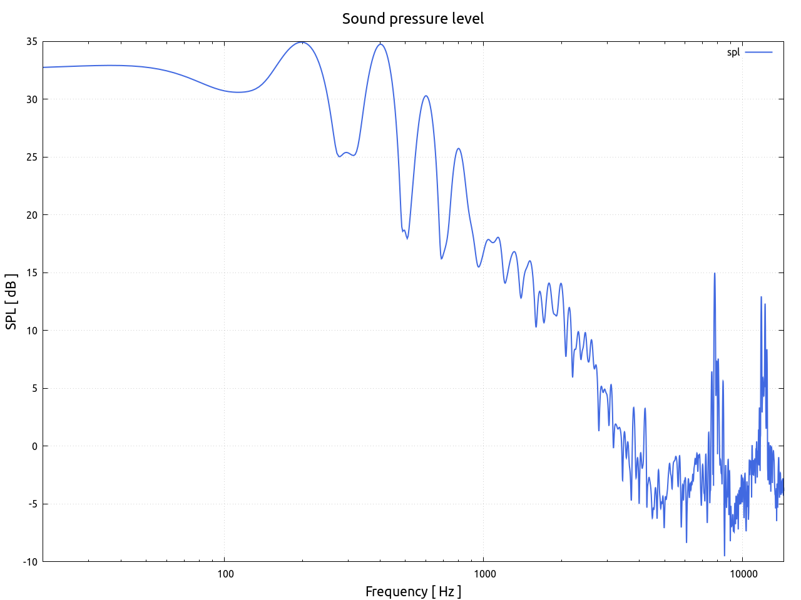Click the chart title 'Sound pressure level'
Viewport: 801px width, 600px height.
click(413, 19)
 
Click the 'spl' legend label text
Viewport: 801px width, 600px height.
click(733, 52)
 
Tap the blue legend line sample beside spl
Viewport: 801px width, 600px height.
click(758, 52)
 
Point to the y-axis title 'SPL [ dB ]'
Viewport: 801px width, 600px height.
click(11, 301)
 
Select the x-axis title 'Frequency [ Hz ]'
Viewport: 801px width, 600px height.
click(413, 591)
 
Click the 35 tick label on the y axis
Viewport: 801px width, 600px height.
click(31, 42)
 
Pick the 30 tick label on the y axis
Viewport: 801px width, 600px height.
click(31, 99)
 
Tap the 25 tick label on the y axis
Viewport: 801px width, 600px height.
click(31, 157)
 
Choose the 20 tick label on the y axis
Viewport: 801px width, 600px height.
click(31, 215)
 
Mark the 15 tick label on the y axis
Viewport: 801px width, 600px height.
click(31, 273)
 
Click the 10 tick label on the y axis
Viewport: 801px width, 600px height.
click(31, 331)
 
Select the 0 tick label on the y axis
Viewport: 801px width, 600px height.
click(34, 446)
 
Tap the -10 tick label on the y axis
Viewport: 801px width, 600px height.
click(29, 562)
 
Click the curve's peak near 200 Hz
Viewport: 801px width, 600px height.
click(302, 42)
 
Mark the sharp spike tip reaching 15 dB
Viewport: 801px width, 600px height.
click(714, 274)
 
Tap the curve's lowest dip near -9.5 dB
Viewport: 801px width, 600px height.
click(725, 555)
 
